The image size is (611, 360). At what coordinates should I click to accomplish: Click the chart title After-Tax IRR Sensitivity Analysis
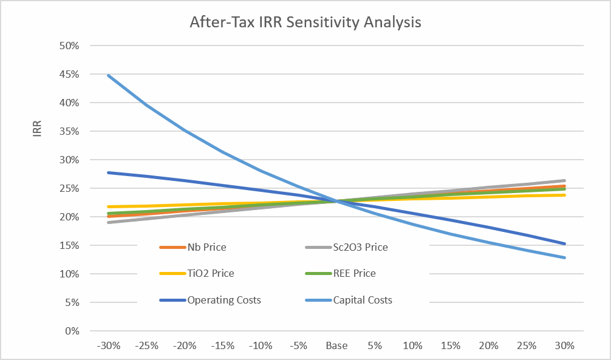(305, 22)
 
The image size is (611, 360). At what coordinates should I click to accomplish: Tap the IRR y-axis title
(37, 129)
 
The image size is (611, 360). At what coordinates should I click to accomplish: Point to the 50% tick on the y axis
(69, 46)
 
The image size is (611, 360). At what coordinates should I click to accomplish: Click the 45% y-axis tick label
(69, 75)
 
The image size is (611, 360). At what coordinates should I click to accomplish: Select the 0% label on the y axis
(72, 331)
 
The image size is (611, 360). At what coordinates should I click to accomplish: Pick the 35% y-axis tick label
(69, 131)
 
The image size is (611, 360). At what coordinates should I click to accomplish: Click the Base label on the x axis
(336, 345)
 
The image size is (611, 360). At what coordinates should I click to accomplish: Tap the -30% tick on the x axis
(109, 345)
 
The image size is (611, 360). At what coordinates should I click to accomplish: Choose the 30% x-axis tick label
(565, 345)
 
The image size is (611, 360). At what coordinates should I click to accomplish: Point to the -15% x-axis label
(223, 345)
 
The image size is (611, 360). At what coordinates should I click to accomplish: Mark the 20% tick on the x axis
(489, 345)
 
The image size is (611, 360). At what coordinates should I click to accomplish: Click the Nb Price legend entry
(193, 248)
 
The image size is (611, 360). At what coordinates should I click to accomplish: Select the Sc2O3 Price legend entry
(346, 248)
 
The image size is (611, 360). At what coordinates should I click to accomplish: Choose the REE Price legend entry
(341, 274)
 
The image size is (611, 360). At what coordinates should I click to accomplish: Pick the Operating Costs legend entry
(210, 300)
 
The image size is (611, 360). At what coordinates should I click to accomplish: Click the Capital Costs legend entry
(349, 300)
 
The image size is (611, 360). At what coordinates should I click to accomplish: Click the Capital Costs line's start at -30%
(109, 75)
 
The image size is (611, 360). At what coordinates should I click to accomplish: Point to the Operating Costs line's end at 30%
(564, 244)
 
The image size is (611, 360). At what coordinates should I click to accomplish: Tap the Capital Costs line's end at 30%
(564, 257)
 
